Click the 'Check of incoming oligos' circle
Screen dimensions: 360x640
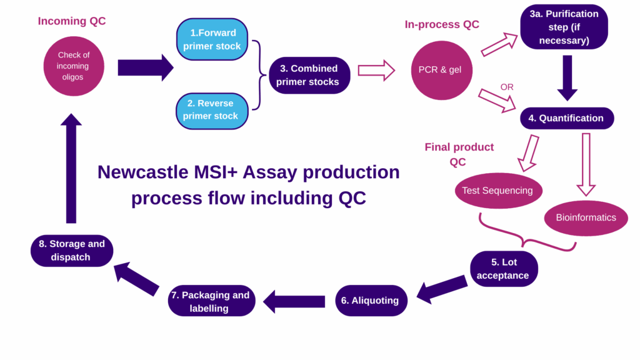[74, 66]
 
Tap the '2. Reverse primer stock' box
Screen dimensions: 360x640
[211, 110]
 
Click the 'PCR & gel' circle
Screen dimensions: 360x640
[440, 69]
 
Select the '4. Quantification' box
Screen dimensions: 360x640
[567, 118]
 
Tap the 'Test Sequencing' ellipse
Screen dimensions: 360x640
[497, 190]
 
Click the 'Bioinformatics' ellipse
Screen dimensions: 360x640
[586, 217]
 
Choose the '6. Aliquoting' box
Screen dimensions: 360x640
[370, 301]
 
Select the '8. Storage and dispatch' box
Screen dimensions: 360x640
[71, 251]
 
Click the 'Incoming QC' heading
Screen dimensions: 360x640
[72, 21]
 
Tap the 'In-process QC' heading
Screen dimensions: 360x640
[442, 24]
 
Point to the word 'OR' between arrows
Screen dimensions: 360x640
[507, 87]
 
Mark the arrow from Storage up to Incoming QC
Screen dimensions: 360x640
[71, 169]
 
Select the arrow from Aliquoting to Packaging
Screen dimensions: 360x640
[294, 301]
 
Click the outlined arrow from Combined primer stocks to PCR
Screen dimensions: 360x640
[376, 71]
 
